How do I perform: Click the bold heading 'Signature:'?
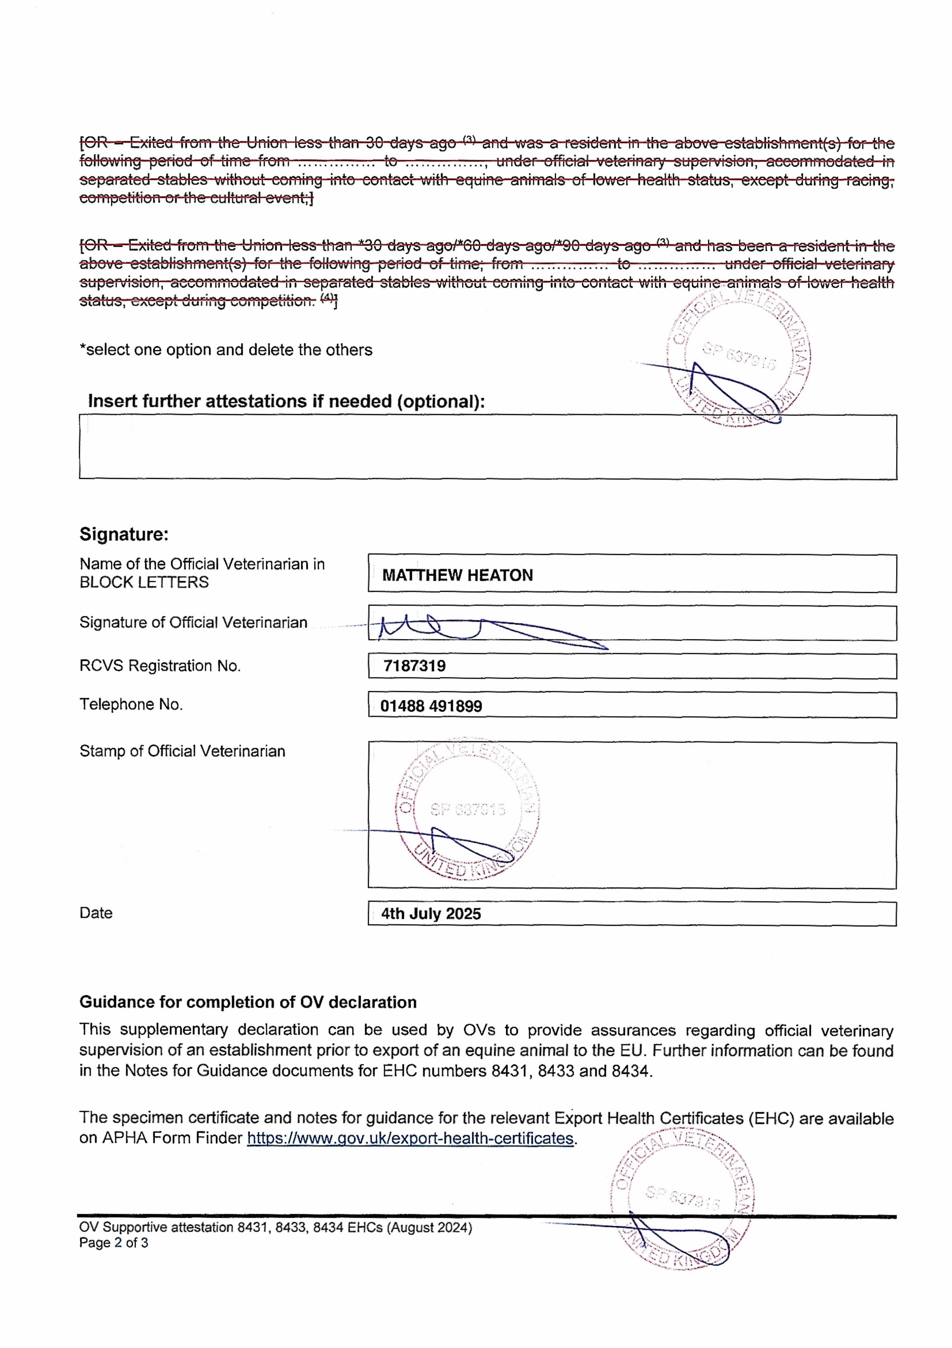coord(124,534)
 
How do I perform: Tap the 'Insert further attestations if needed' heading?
coord(286,402)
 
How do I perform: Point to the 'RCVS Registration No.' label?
coord(160,666)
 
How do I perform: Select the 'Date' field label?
coord(96,913)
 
